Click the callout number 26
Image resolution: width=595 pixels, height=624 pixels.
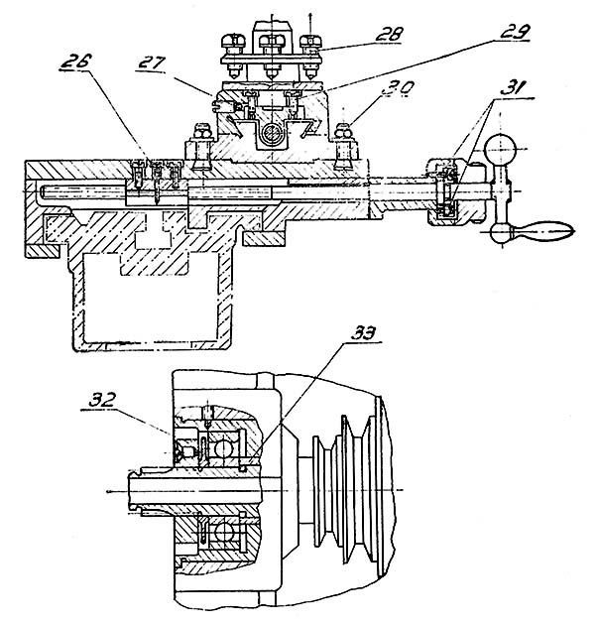(76, 62)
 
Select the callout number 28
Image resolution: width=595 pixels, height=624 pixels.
(388, 34)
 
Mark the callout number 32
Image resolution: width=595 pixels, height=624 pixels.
(102, 400)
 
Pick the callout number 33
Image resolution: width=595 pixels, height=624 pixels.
(364, 333)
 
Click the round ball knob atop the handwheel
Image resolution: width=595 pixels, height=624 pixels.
(500, 151)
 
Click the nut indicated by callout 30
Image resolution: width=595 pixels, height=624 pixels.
(345, 132)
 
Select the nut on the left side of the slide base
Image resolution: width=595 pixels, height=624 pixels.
(203, 132)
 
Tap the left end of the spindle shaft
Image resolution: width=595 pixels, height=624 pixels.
(130, 490)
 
